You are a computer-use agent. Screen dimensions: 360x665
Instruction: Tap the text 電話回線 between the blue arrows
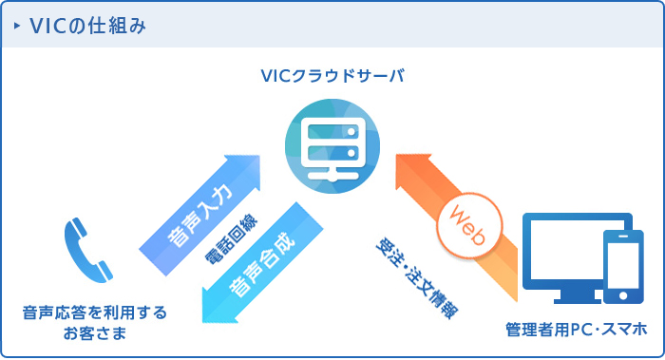[225, 241]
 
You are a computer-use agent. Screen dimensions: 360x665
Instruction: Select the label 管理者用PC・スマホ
[577, 329]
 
